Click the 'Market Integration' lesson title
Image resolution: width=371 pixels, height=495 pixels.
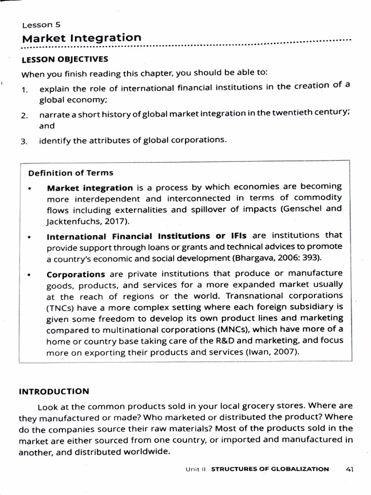click(x=82, y=38)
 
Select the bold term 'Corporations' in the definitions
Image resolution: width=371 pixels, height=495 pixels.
click(x=76, y=274)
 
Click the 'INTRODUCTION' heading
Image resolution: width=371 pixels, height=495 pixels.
click(x=54, y=391)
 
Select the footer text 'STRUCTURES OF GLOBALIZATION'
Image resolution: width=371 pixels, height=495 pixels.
click(x=271, y=469)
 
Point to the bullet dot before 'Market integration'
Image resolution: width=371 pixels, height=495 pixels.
click(x=30, y=188)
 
